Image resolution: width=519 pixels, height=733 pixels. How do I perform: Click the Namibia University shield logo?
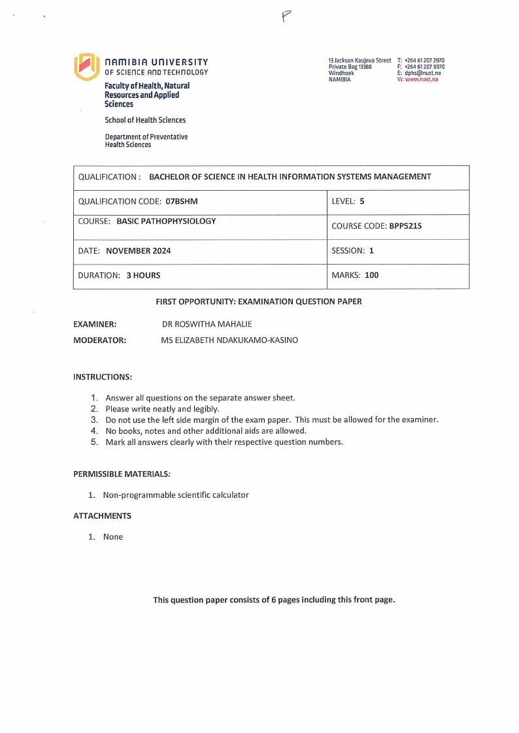pyautogui.click(x=86, y=67)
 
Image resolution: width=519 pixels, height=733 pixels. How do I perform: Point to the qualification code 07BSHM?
pyautogui.click(x=182, y=202)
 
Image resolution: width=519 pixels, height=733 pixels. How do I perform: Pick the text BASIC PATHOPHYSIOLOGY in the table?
pyautogui.click(x=166, y=221)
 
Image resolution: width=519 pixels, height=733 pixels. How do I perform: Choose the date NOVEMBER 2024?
pyautogui.click(x=138, y=251)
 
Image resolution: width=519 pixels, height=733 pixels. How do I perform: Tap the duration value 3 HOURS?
pyautogui.click(x=143, y=276)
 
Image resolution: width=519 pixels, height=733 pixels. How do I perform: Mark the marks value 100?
pyautogui.click(x=371, y=275)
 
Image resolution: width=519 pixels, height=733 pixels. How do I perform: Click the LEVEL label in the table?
pyautogui.click(x=343, y=202)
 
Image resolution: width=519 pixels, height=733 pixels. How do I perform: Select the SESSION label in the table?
pyautogui.click(x=348, y=251)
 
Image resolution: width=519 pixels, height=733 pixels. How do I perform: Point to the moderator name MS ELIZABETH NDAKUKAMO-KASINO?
pyautogui.click(x=229, y=340)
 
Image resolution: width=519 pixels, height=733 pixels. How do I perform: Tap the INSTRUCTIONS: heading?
pyautogui.click(x=103, y=377)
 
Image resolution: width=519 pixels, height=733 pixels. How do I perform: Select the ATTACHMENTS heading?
pyautogui.click(x=102, y=516)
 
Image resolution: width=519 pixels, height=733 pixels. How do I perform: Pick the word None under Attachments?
pyautogui.click(x=113, y=537)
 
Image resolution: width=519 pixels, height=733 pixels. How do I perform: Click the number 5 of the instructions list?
pyautogui.click(x=94, y=442)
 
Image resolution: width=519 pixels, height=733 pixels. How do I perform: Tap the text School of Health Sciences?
pyautogui.click(x=145, y=120)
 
